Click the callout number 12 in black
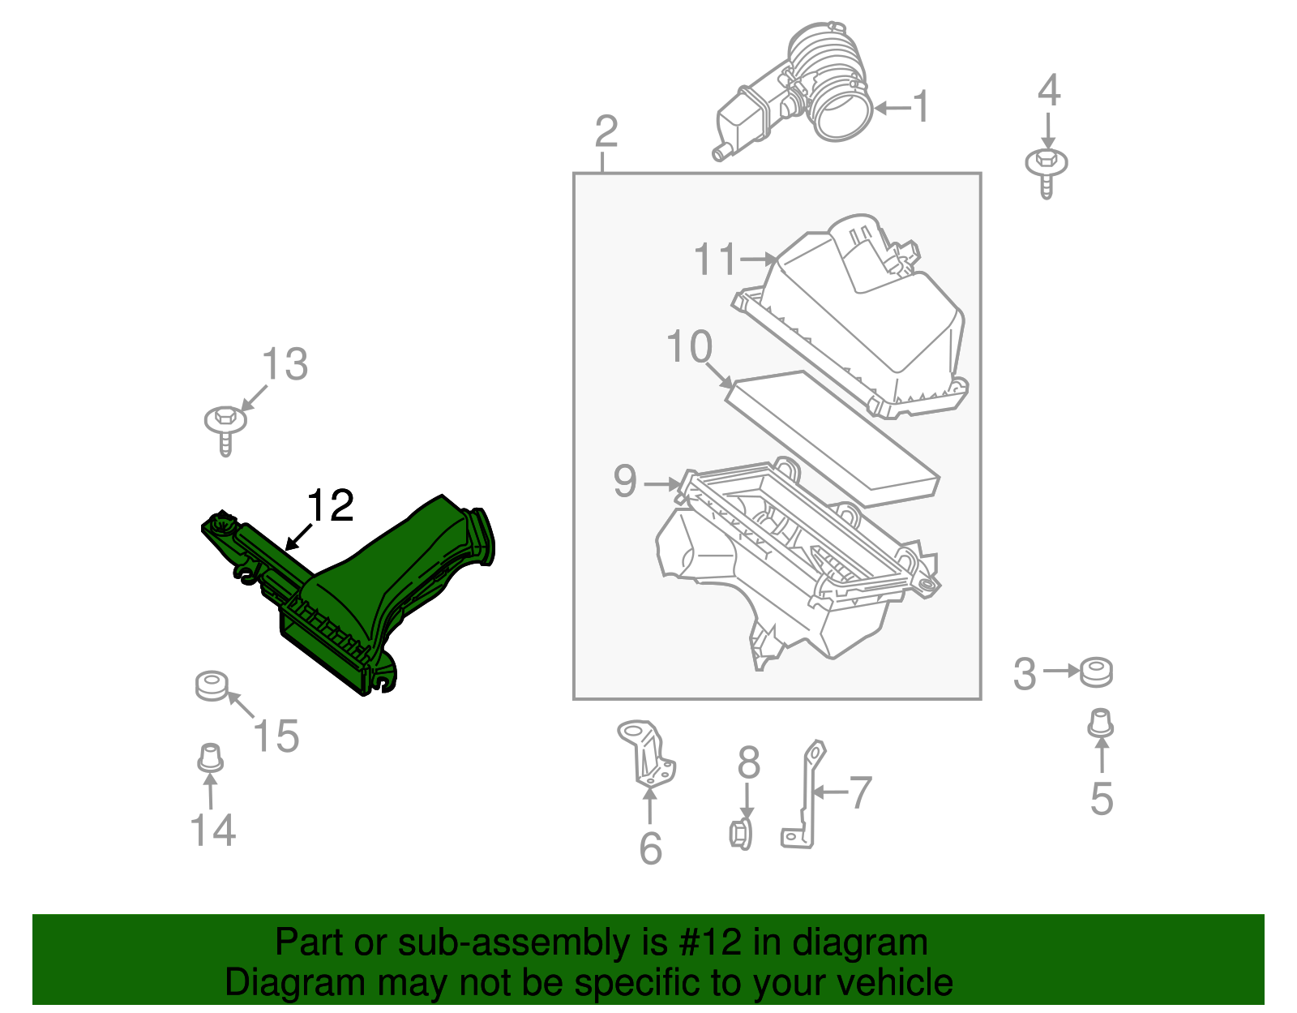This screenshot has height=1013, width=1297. click(331, 506)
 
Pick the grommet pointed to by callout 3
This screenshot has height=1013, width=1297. click(1097, 672)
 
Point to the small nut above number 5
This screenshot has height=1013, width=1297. click(1100, 723)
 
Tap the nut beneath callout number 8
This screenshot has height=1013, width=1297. click(741, 834)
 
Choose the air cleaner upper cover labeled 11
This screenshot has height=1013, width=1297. click(867, 324)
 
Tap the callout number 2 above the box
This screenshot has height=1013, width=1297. click(606, 131)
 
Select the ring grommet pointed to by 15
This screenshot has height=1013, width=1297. click(212, 686)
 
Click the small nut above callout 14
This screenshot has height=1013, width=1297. click(210, 758)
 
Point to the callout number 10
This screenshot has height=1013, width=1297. click(689, 347)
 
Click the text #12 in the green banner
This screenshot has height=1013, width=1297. click(704, 942)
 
